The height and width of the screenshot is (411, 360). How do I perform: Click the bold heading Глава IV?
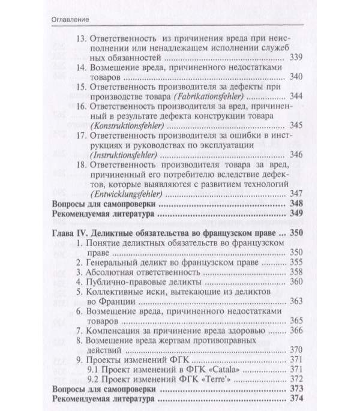(70, 233)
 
